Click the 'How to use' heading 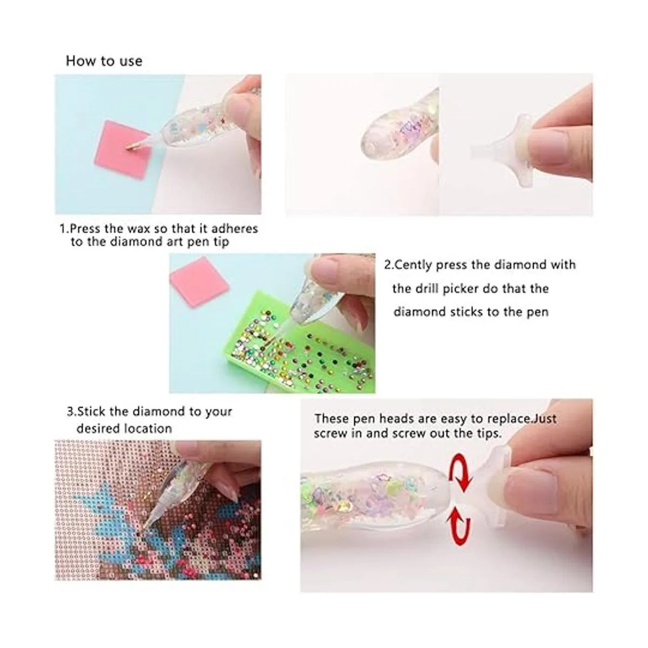pos(104,61)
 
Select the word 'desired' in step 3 pos(98,428)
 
